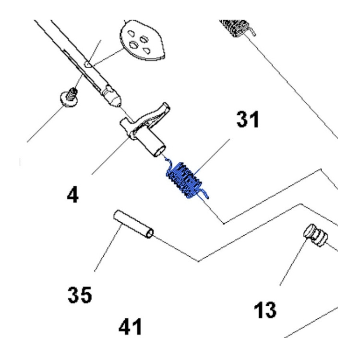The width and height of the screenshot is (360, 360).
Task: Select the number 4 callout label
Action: (72, 194)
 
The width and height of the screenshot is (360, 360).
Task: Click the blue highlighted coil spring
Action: (183, 180)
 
